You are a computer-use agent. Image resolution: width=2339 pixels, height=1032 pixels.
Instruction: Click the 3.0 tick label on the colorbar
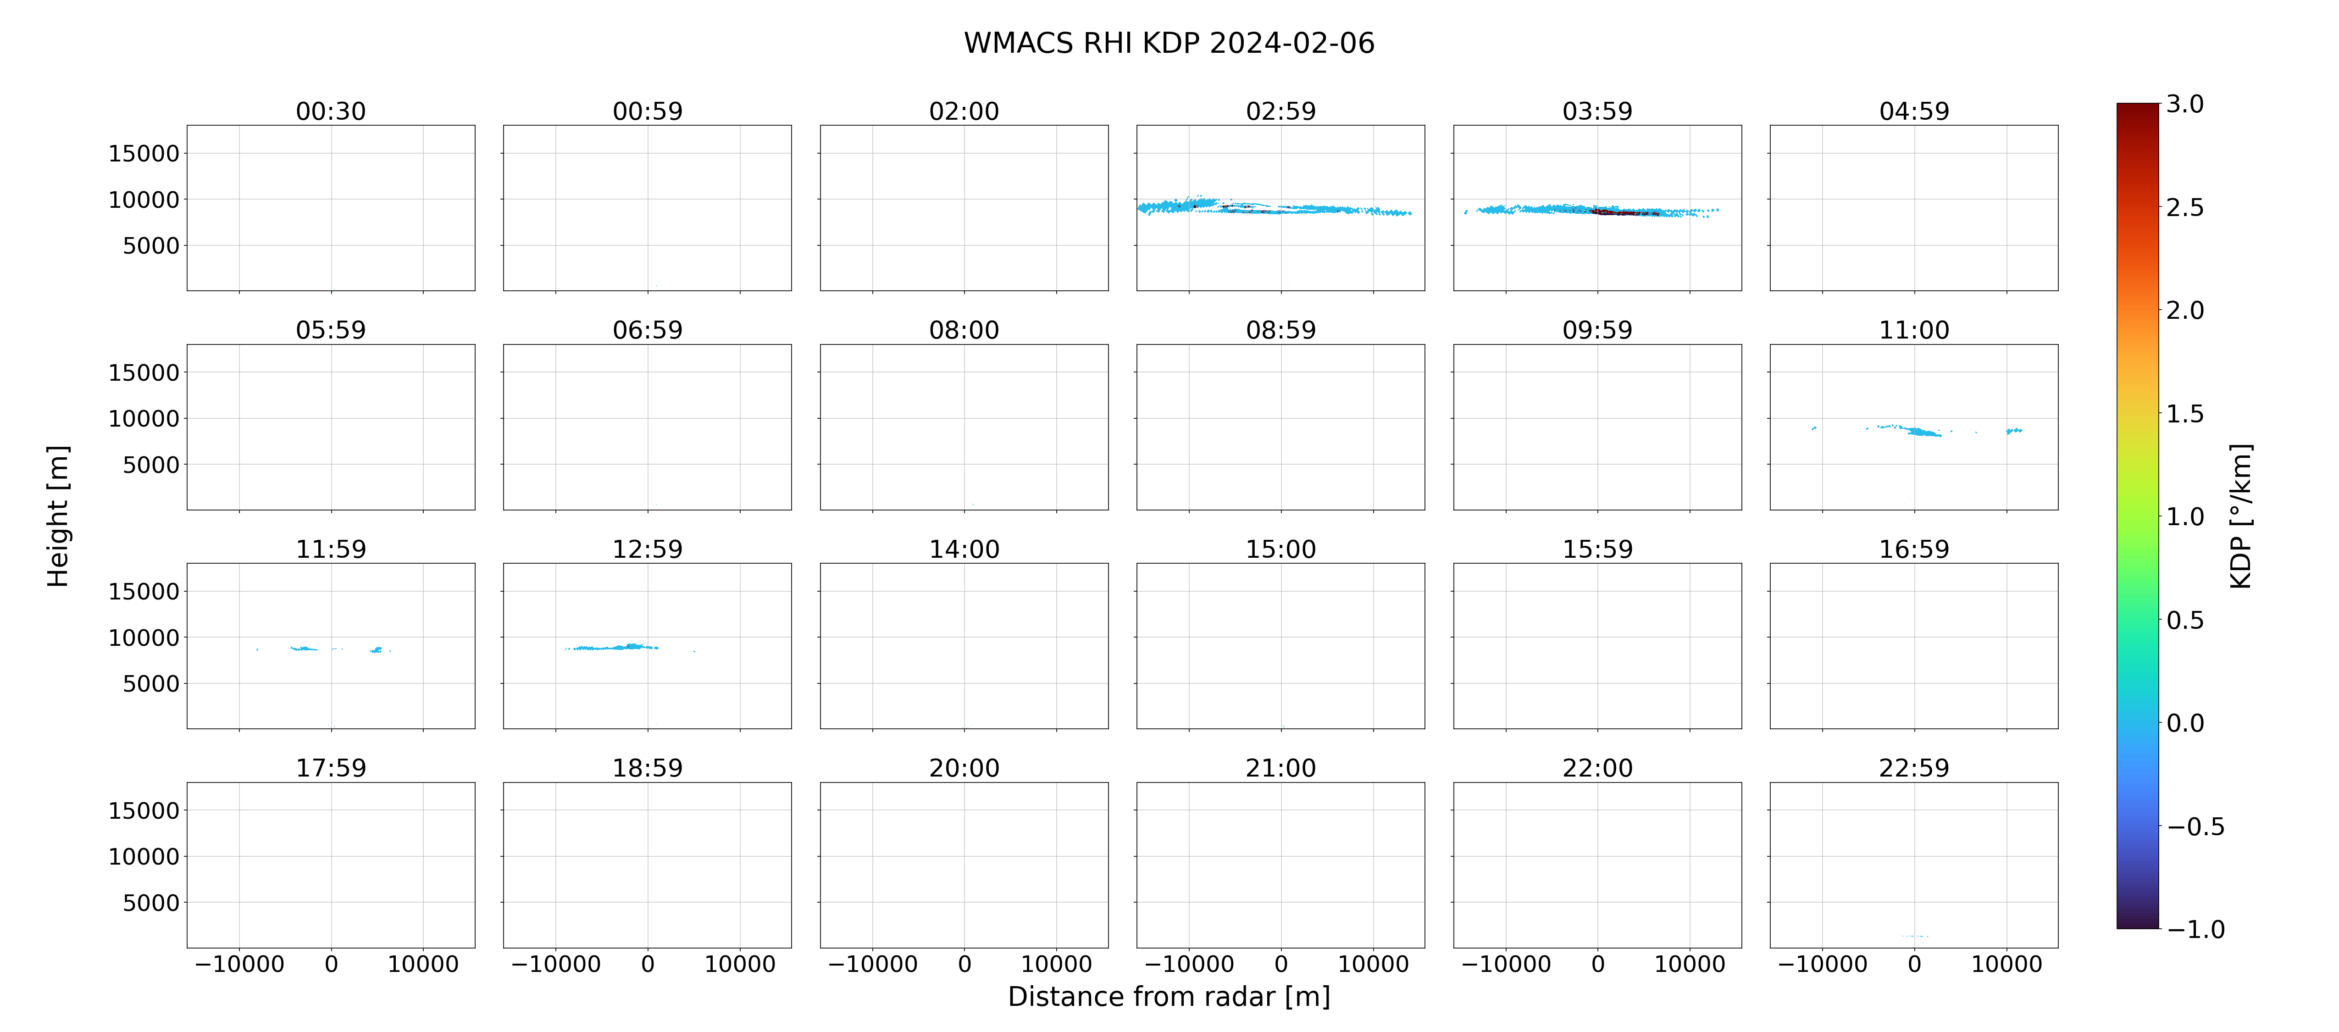pos(2184,105)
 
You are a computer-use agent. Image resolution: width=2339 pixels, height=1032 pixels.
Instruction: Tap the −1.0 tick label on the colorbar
pos(2195,929)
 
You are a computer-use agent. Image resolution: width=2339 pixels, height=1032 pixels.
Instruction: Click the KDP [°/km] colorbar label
pos(2241,516)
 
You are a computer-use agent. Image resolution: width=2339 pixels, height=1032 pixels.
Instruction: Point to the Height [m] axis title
pos(57,516)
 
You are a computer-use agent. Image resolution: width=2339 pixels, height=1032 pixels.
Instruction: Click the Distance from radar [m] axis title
pos(1169,997)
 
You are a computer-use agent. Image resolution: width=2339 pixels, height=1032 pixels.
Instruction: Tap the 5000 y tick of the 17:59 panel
pos(151,903)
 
